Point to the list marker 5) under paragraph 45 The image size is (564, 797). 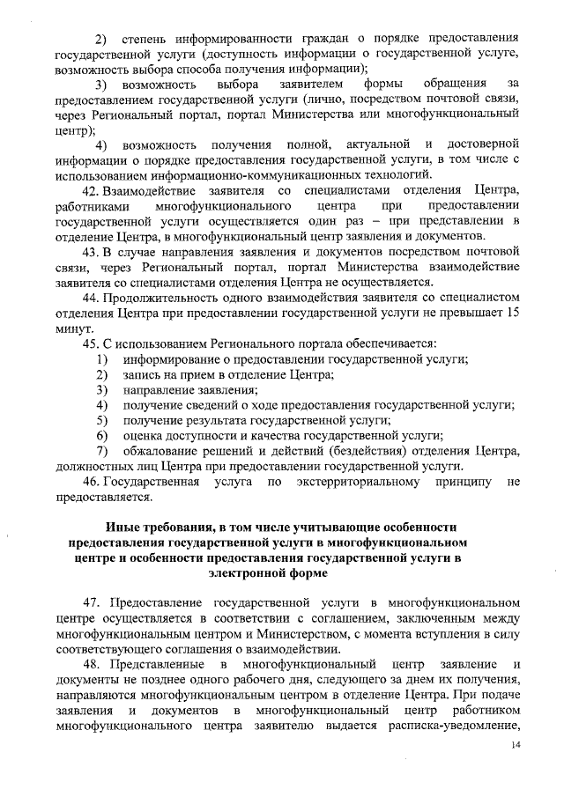pyautogui.click(x=102, y=421)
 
